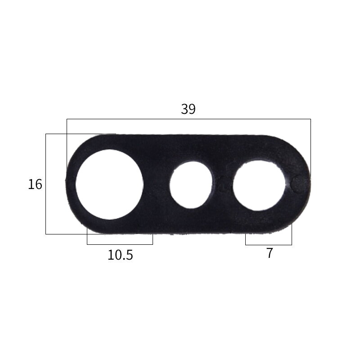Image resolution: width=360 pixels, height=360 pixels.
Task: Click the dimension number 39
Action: coord(188,109)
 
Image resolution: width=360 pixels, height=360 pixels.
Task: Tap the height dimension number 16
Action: coord(35,184)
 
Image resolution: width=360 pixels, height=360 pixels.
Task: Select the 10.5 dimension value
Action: coord(120,255)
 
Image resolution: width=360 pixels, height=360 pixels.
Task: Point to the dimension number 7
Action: coord(270,253)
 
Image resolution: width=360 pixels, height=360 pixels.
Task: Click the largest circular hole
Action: coord(109,184)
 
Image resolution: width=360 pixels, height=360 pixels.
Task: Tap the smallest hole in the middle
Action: coord(191,185)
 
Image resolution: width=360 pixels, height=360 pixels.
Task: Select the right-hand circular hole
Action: coord(259,185)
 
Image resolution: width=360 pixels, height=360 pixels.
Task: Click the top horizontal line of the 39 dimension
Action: coord(189,119)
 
